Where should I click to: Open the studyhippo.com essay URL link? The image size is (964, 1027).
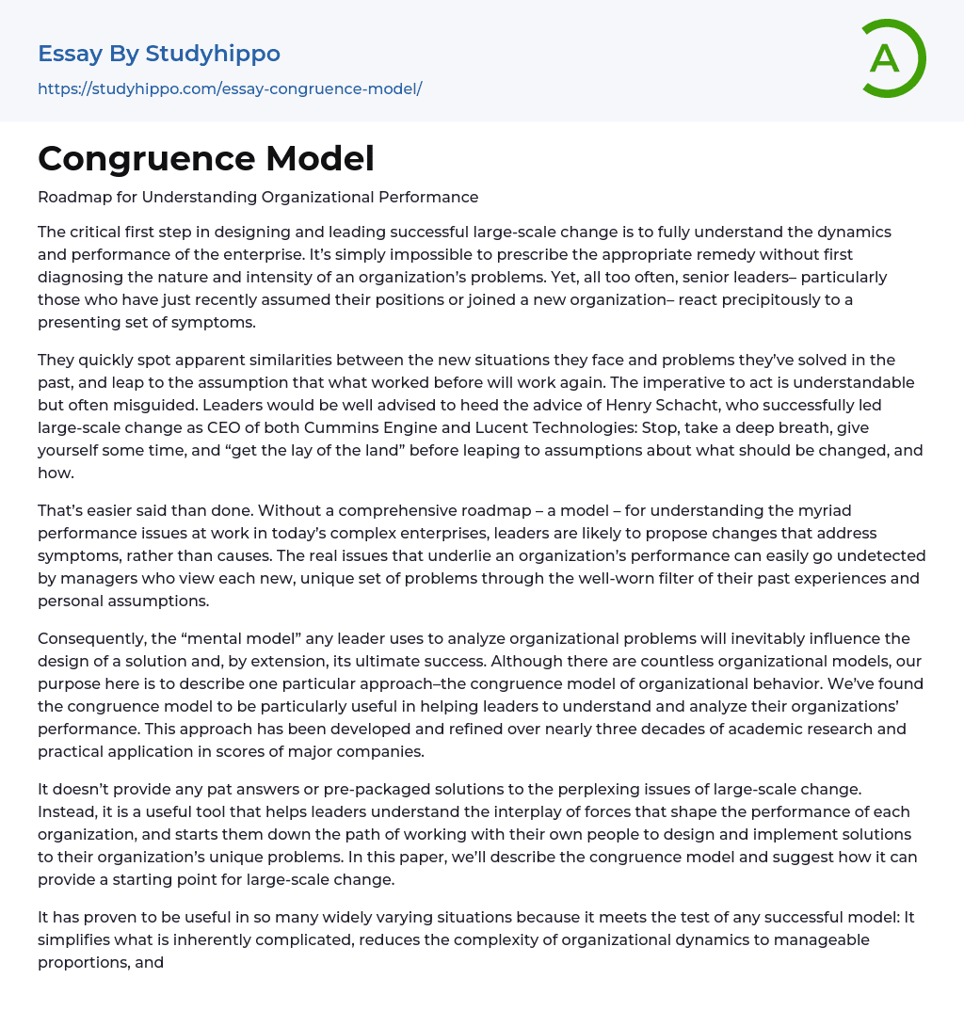click(230, 88)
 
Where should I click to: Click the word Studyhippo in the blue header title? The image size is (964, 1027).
click(213, 54)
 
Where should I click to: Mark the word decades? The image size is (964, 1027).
click(614, 729)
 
